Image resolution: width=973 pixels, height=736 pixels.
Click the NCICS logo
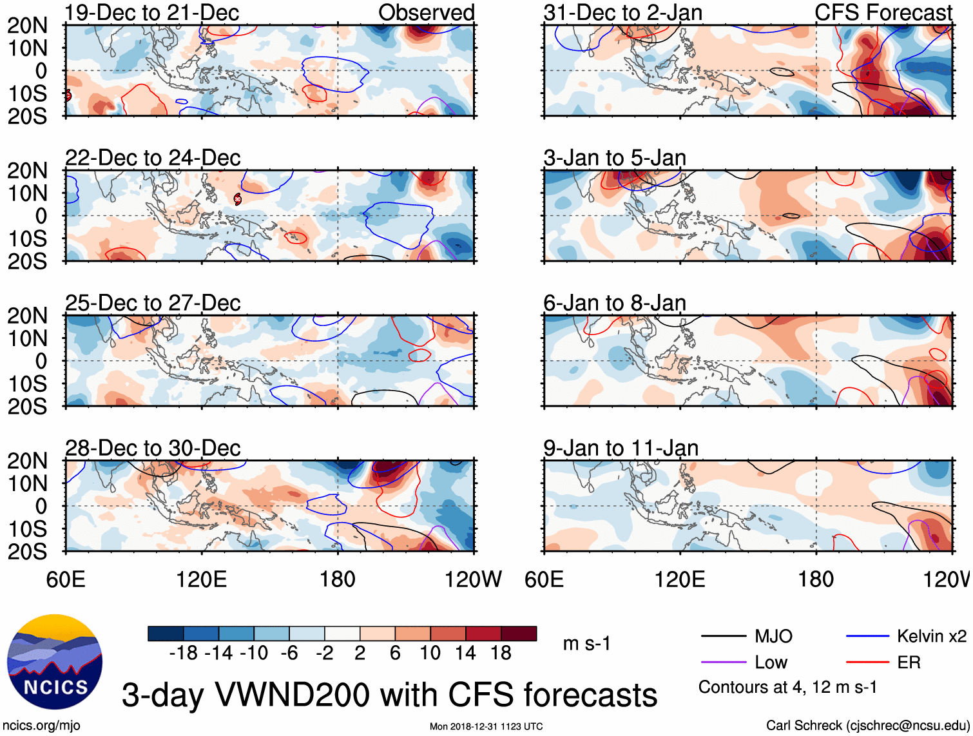54,661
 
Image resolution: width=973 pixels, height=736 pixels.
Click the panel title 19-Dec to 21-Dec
152,12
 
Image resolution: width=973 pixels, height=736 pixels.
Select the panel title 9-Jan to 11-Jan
621,448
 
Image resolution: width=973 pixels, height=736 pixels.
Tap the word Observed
426,12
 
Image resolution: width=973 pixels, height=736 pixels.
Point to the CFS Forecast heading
883,12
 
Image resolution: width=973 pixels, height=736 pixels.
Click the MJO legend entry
773,637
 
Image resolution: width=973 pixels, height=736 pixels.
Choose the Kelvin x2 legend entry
931,637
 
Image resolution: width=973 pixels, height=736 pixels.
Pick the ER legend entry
909,663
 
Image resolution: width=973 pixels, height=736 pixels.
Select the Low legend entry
771,663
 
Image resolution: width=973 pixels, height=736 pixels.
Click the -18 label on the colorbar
184,654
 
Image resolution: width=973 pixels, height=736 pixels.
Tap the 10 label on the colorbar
430,654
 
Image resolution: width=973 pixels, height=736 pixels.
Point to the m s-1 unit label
586,644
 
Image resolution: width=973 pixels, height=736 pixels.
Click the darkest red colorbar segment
519,634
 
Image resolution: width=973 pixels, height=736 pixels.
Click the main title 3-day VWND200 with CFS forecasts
389,695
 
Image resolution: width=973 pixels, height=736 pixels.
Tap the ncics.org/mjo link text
41,726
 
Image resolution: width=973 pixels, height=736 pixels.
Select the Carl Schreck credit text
866,726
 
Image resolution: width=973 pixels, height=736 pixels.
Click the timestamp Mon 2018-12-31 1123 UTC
486,726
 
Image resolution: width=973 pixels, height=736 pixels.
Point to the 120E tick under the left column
201,579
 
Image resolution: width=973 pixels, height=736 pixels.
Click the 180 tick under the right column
816,579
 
